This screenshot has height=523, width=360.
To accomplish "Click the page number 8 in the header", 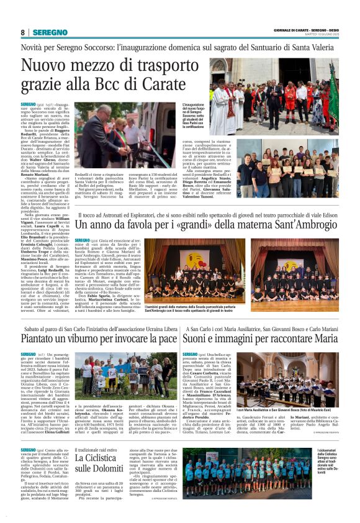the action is coord(23,32).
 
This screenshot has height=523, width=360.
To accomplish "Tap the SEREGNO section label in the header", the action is coord(49,32).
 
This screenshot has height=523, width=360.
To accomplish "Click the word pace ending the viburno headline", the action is coord(164,340).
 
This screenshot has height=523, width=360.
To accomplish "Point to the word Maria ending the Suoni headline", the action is coord(324,340).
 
